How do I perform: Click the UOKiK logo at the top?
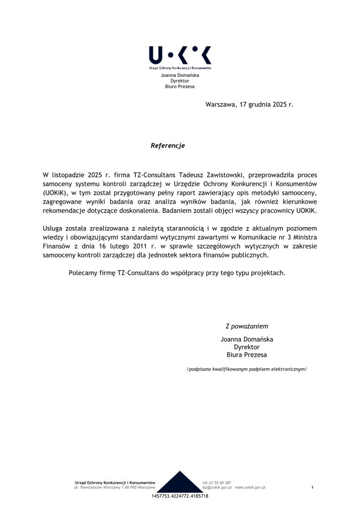(x=180, y=56)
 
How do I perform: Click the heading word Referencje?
(x=168, y=146)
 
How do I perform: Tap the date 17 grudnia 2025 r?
(x=267, y=105)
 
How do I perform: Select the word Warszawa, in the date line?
(x=221, y=105)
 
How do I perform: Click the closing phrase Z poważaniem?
(x=246, y=326)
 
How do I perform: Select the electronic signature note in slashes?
(x=246, y=369)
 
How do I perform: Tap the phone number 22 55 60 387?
(x=220, y=483)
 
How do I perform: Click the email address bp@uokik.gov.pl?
(x=217, y=488)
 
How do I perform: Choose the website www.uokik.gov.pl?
(x=250, y=488)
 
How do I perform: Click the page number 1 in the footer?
(x=312, y=487)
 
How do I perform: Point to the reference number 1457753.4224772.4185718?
(x=180, y=496)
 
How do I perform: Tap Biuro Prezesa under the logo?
(x=180, y=86)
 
